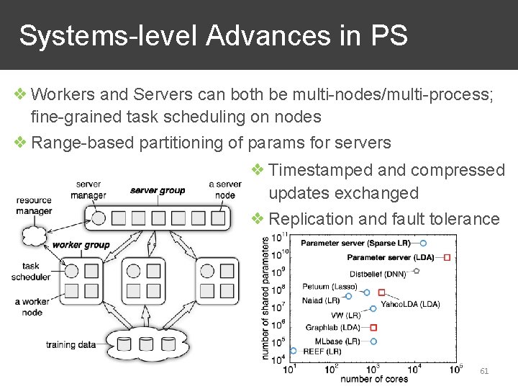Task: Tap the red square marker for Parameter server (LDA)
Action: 447,257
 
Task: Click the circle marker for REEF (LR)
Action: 293,352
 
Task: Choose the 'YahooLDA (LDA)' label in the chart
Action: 410,304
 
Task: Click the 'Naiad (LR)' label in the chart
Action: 322,300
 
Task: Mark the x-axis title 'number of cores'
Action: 373,379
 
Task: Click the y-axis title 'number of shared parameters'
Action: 266,298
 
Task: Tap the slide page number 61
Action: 484,370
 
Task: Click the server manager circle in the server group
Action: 99,217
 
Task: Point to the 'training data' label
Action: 71,344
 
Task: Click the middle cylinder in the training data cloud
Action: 147,343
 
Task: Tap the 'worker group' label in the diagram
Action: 81,245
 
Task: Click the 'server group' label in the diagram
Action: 158,190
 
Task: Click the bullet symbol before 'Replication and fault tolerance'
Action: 258,218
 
